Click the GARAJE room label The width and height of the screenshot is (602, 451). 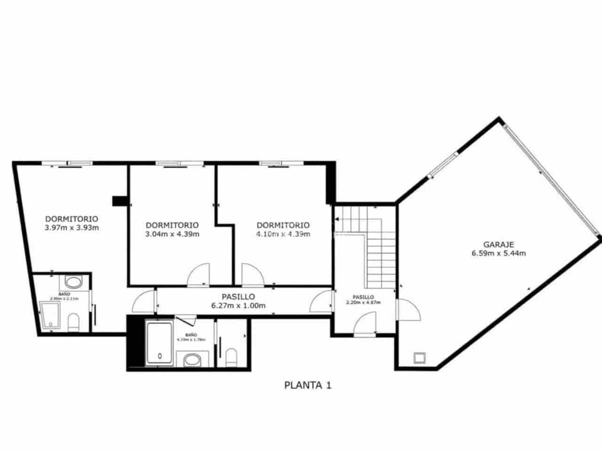(499, 244)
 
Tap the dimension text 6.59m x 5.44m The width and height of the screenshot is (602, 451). (499, 253)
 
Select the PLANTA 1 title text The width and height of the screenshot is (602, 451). (308, 385)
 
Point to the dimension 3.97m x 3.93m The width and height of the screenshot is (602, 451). (71, 228)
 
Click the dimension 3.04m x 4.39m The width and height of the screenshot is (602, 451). (172, 234)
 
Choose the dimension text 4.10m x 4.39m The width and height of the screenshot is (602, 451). (283, 234)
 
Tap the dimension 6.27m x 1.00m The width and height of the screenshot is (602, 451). (238, 306)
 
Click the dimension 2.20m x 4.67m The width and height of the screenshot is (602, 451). (363, 303)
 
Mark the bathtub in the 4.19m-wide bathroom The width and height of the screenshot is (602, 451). (160, 342)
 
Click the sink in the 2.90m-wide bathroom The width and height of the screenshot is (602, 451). (73, 283)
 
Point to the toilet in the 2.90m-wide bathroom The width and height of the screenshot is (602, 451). (74, 322)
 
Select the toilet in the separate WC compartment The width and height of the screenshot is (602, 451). (231, 358)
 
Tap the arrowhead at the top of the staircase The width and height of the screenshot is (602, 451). (337, 219)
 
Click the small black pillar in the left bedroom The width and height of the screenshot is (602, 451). (120, 201)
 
